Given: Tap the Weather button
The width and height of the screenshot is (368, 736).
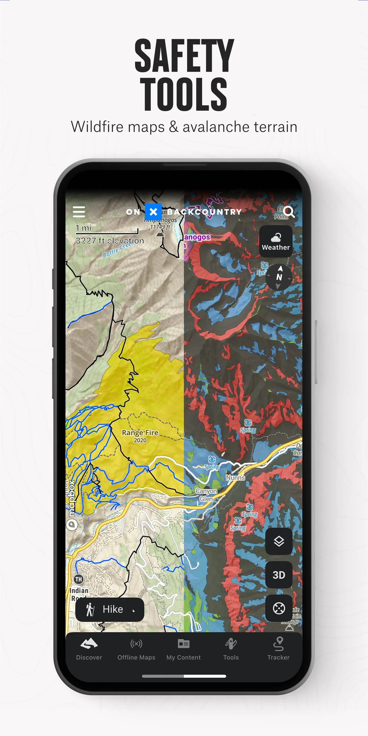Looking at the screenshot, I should [276, 241].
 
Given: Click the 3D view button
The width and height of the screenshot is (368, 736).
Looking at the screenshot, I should [279, 574].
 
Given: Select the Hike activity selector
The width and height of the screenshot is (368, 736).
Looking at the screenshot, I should [110, 609].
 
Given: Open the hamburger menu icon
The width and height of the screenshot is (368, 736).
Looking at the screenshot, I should [79, 212].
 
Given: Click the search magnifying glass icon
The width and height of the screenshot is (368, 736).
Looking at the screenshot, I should [289, 212].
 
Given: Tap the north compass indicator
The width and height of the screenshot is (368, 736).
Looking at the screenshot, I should [279, 277].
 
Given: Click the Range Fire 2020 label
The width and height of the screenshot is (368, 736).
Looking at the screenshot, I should [140, 436].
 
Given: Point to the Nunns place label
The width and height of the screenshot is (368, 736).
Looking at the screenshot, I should [235, 477].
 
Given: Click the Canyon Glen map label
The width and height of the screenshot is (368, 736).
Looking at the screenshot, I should [206, 494].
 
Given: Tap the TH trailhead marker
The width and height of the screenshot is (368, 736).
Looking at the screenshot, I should [78, 579].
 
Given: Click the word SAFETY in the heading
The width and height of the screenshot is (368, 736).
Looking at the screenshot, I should [184, 56].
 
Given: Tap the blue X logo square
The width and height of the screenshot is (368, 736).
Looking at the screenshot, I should [153, 212].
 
